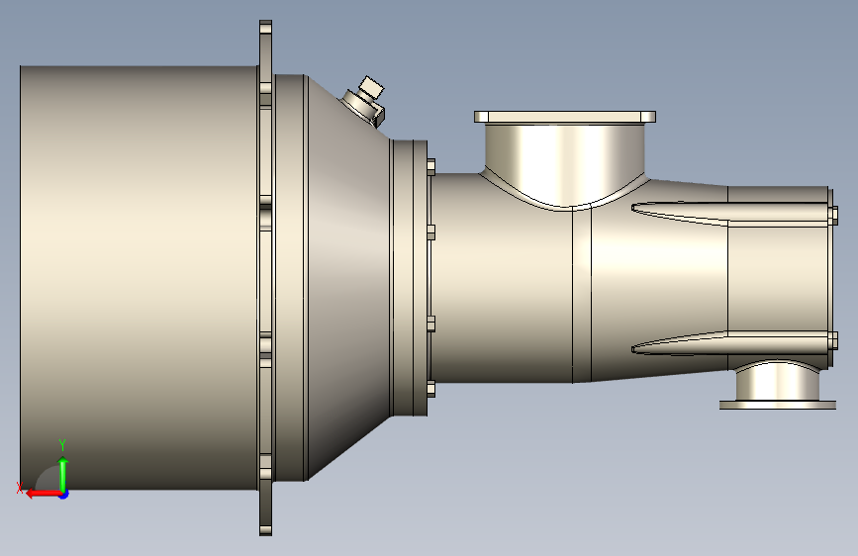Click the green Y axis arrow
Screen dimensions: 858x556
click(63, 475)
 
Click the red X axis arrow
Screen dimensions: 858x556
click(44, 494)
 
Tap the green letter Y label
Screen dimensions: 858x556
click(62, 444)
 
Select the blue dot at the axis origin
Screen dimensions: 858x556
click(64, 495)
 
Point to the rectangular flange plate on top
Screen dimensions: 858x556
click(565, 117)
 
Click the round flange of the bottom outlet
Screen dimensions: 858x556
click(778, 405)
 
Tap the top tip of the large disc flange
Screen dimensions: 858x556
click(265, 22)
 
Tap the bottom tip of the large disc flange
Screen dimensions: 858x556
click(265, 534)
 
